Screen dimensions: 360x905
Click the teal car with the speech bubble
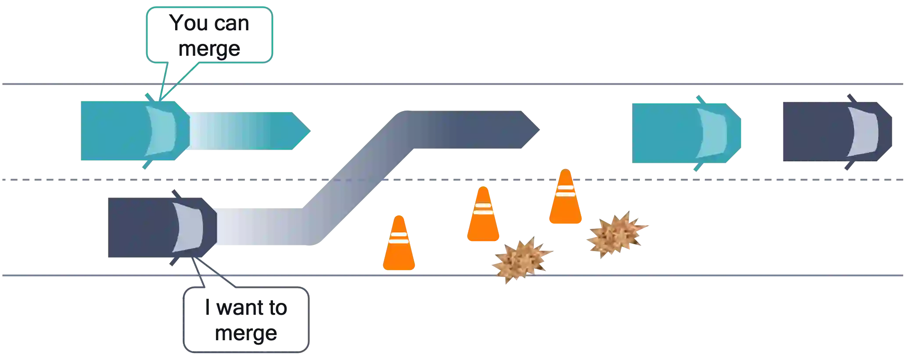coord(132,130)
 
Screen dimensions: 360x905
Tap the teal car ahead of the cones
coord(685,133)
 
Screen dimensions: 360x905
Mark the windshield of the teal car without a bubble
coord(713,133)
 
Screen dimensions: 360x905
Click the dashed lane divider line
coord(702,180)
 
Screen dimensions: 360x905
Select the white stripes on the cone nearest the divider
coord(565,190)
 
